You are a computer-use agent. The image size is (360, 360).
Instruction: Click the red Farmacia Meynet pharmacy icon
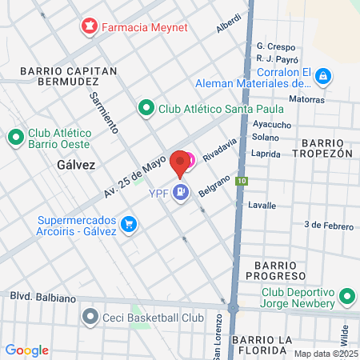pos(89,27)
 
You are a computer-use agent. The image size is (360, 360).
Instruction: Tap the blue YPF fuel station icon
pos(182,192)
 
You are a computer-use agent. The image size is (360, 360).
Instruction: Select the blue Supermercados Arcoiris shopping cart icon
pos(128,222)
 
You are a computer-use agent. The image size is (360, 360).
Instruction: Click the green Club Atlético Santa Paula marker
pos(146,107)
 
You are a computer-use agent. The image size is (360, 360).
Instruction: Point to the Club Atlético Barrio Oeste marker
pos(15,138)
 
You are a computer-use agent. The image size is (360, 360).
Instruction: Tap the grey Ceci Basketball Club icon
pos(90,318)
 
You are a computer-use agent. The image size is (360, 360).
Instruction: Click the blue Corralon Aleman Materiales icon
pos(322,77)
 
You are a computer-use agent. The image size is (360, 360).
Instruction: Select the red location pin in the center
pos(180,163)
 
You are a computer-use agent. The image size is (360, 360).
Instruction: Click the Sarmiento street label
pos(103,112)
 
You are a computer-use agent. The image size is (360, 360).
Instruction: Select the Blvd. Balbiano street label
pos(42,298)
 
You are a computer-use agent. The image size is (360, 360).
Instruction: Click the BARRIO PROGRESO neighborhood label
pos(282,270)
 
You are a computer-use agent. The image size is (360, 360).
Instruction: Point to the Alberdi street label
pos(228,24)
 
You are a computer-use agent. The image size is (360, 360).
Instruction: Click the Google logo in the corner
pos(26,350)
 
